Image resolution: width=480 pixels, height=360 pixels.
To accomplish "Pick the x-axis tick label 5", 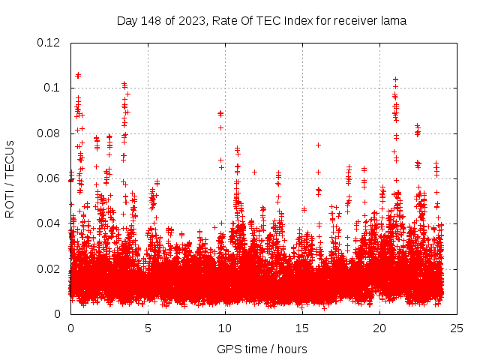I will tap(148, 328).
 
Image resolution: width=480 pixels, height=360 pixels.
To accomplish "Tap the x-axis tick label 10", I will tap(225, 328).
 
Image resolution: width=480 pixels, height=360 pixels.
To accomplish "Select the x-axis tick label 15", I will tap(302, 328).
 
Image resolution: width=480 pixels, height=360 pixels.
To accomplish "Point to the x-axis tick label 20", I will tap(379, 328).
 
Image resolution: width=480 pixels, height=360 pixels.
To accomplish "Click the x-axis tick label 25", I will tap(457, 328).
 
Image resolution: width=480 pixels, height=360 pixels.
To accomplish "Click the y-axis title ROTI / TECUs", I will tap(10, 178).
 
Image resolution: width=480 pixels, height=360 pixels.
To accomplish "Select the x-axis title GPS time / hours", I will tap(262, 349).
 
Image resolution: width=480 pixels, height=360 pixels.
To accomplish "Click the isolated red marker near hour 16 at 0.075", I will tap(318, 145).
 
